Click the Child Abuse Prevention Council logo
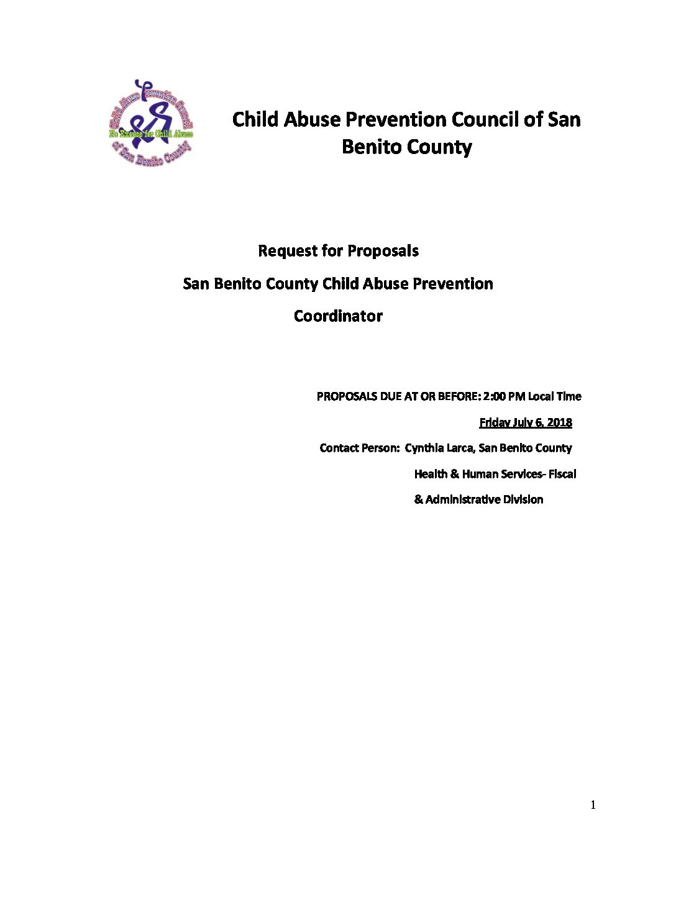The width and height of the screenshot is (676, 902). (x=151, y=123)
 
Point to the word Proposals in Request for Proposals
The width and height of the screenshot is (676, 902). (x=383, y=251)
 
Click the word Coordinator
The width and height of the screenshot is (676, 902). (x=338, y=316)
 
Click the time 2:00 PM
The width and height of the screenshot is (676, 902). (x=504, y=396)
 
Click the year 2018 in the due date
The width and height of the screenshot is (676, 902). (x=560, y=422)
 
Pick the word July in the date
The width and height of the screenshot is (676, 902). (x=523, y=422)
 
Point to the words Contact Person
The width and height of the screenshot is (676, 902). (x=359, y=448)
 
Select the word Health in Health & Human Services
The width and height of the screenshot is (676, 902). (x=431, y=474)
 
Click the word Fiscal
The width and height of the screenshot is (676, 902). (x=562, y=474)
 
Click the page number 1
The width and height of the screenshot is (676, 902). (x=593, y=805)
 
